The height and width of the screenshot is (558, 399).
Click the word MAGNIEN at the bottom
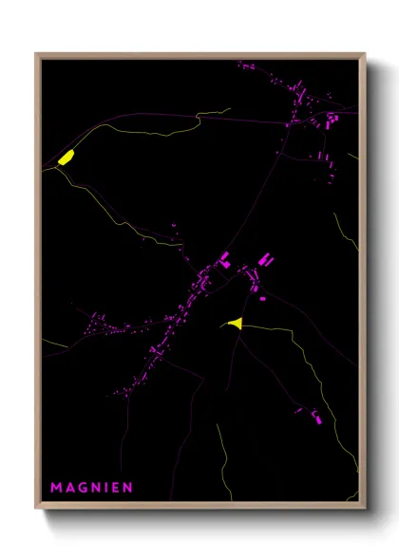coord(92,488)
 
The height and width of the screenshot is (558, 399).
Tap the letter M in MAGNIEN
coord(57,488)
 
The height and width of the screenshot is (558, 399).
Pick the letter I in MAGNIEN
coord(105,488)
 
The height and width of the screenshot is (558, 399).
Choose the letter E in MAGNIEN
coord(114,488)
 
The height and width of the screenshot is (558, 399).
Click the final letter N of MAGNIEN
coord(127,488)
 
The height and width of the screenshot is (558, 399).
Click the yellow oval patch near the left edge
coord(66,158)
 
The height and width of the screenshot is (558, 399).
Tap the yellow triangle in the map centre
coord(237,324)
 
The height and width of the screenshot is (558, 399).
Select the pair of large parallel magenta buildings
coord(265,258)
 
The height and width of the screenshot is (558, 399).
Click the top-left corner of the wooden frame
coord(37,54)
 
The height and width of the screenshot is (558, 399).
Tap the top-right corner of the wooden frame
coord(364,54)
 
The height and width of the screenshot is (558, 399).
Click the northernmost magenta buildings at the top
coord(244,66)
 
